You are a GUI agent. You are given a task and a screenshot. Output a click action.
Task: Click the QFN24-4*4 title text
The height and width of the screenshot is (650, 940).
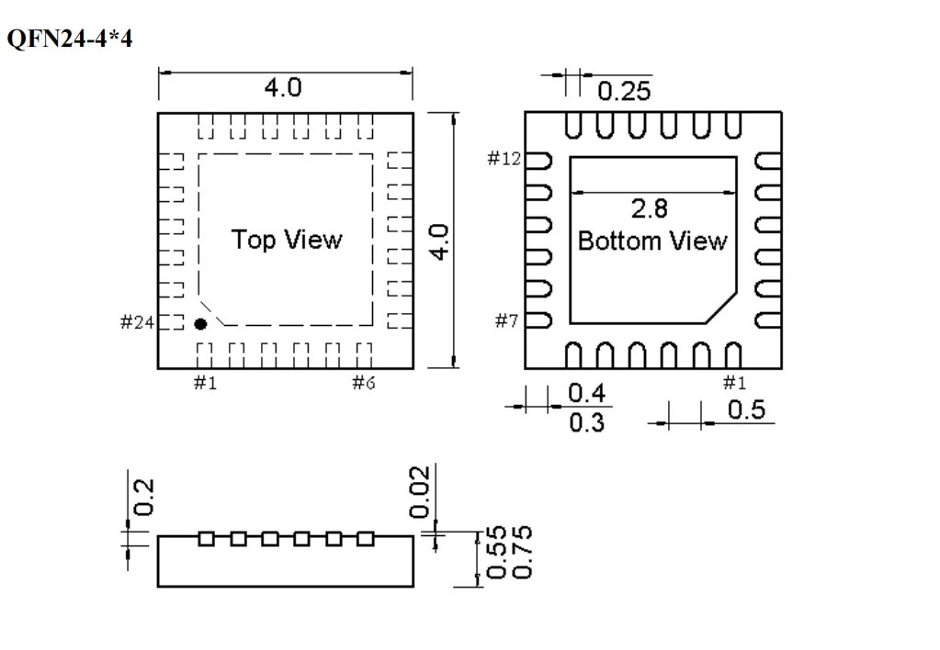(x=70, y=40)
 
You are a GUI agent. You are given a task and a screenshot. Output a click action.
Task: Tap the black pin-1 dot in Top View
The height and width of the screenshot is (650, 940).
(x=200, y=324)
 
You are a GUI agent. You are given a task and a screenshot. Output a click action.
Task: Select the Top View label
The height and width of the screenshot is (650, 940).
(x=286, y=241)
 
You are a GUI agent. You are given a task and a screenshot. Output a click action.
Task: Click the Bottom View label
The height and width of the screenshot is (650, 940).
(x=651, y=241)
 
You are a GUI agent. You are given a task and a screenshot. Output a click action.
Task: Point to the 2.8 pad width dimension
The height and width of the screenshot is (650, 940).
(x=650, y=209)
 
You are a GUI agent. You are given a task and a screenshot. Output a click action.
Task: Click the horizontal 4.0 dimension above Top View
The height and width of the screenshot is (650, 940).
(x=282, y=88)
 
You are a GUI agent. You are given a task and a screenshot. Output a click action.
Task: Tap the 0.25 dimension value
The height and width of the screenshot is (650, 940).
(x=624, y=91)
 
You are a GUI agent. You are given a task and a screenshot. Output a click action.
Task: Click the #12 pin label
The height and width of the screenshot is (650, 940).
(x=504, y=160)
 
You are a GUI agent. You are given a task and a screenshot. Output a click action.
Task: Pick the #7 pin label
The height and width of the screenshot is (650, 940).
(x=507, y=322)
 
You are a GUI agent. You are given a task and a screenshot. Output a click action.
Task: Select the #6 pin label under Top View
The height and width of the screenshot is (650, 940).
(x=364, y=383)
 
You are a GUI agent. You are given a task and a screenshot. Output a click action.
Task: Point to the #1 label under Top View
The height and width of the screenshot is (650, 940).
(x=205, y=383)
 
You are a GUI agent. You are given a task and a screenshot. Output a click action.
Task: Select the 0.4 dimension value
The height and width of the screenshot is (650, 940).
(x=586, y=395)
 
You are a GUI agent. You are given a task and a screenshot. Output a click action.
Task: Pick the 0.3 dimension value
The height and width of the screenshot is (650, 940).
(x=586, y=423)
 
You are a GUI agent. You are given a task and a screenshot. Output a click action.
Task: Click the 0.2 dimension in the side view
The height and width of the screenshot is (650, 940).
(x=144, y=497)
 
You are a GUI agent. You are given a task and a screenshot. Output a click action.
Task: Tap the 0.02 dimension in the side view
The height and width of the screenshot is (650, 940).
(x=420, y=491)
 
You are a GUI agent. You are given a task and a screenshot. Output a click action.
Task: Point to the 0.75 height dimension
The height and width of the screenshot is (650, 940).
(x=520, y=551)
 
